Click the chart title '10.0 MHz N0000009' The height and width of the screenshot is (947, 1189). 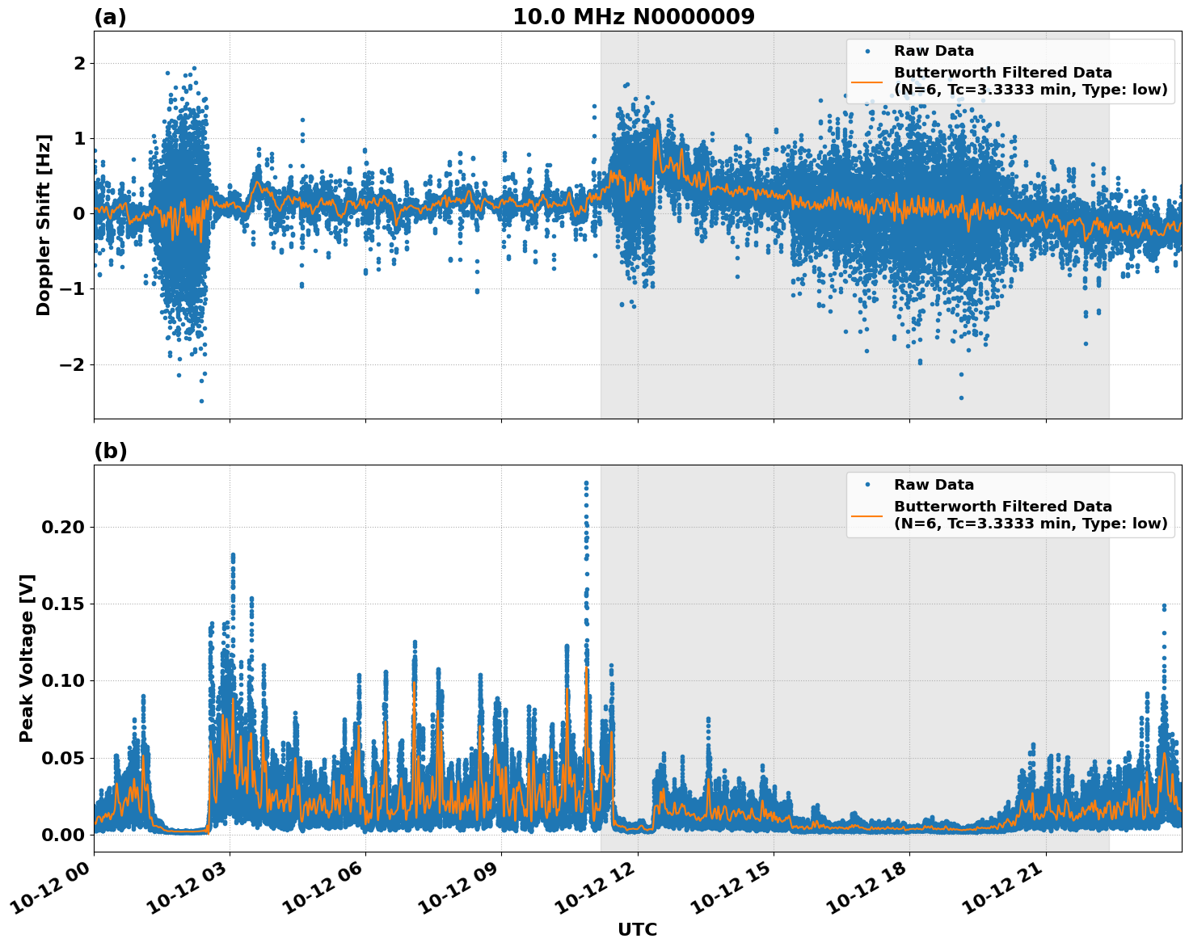coord(633,17)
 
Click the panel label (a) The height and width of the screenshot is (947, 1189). coord(110,17)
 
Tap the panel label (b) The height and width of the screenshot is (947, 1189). coord(110,451)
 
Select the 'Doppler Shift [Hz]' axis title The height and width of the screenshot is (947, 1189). coord(44,225)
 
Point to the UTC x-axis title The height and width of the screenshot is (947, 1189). coord(637,929)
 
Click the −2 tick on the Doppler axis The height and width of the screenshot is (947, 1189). coord(71,364)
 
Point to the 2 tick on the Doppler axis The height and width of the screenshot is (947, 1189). coord(79,63)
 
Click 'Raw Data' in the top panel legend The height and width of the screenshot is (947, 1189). coord(934,51)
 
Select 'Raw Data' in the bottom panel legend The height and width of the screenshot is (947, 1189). coord(934,485)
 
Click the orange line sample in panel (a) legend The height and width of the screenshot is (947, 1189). coord(868,81)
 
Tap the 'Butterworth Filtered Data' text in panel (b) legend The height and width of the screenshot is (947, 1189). coord(1002,507)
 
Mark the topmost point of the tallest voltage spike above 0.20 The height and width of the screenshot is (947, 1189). coord(586,482)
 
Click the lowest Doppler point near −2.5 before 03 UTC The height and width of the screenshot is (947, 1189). coord(201,401)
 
